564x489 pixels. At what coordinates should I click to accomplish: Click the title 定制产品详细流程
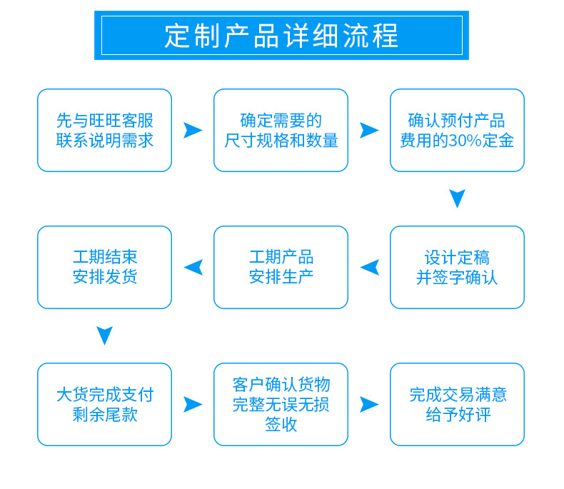[281, 36]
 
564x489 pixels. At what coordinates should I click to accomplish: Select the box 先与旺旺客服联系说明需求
[104, 130]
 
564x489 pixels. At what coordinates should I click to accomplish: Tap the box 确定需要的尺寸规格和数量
[281, 130]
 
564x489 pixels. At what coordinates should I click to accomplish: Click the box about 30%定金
[457, 130]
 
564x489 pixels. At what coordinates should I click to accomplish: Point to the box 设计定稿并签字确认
[457, 267]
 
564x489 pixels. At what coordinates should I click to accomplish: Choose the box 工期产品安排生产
[281, 267]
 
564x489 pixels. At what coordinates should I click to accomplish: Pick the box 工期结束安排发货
[104, 267]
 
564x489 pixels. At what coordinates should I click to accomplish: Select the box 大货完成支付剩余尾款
[104, 404]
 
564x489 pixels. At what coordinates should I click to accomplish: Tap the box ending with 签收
[281, 404]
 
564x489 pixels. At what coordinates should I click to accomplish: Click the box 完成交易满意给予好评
[457, 404]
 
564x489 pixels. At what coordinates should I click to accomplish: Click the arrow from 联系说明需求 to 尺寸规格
[192, 130]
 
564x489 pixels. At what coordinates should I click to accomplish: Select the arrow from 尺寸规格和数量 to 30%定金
[368, 130]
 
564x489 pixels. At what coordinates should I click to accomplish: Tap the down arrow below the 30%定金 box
[457, 198]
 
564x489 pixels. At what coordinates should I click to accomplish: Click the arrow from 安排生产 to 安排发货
[193, 267]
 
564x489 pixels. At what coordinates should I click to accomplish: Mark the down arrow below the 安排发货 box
[104, 335]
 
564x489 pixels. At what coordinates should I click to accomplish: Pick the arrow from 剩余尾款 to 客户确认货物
[192, 404]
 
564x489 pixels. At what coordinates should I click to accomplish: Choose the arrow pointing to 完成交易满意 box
[368, 404]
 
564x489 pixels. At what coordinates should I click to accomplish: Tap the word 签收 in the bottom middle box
[281, 425]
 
